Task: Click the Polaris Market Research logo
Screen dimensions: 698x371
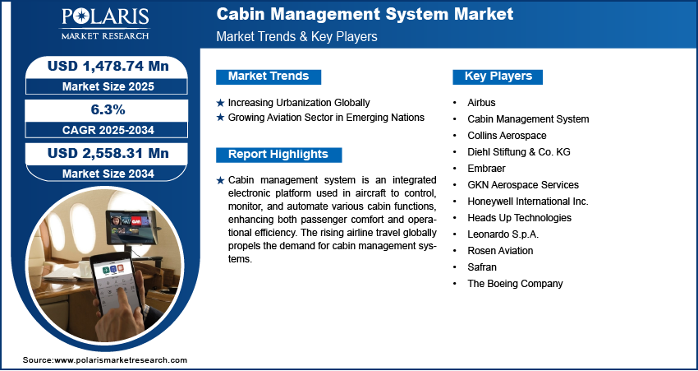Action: (x=105, y=24)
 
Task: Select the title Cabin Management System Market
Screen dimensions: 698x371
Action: (x=365, y=14)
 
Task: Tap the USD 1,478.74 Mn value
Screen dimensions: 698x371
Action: (x=108, y=66)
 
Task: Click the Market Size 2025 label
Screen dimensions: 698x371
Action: (x=108, y=86)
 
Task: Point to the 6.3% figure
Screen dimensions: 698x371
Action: (x=108, y=109)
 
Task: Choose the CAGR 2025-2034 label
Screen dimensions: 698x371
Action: (x=108, y=130)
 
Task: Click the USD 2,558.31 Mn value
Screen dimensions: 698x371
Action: (x=108, y=153)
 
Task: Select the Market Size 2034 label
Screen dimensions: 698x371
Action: (x=108, y=174)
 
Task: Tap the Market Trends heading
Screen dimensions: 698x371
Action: (x=269, y=77)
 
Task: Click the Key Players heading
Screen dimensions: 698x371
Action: (x=498, y=77)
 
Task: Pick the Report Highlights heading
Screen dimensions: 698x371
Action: (x=278, y=155)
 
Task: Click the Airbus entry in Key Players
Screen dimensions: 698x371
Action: (x=481, y=103)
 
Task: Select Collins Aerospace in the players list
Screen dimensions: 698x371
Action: (x=507, y=136)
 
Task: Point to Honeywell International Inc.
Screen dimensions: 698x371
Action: (x=528, y=202)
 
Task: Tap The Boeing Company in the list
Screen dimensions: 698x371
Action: (x=515, y=284)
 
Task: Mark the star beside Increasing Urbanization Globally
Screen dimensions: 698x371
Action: (x=220, y=103)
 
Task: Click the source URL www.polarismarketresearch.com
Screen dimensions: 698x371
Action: (x=121, y=360)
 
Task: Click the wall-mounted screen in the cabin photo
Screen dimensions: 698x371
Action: (x=131, y=227)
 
